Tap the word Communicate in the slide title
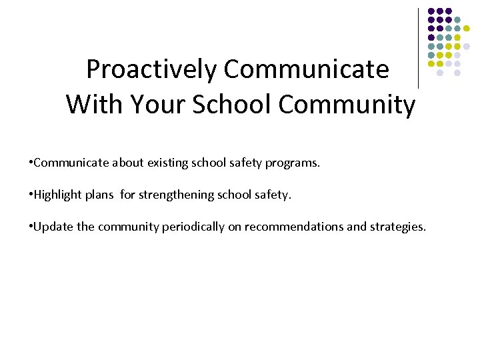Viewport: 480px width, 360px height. pyautogui.click(x=307, y=69)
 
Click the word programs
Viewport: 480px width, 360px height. pyautogui.click(x=292, y=162)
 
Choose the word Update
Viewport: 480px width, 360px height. pyautogui.click(x=53, y=227)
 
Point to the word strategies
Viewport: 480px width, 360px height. pyautogui.click(x=397, y=227)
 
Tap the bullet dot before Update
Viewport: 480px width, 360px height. pyautogui.click(x=31, y=227)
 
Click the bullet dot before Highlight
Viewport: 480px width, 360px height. pyautogui.click(x=31, y=195)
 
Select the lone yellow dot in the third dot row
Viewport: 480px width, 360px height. pyautogui.click(x=466, y=29)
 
